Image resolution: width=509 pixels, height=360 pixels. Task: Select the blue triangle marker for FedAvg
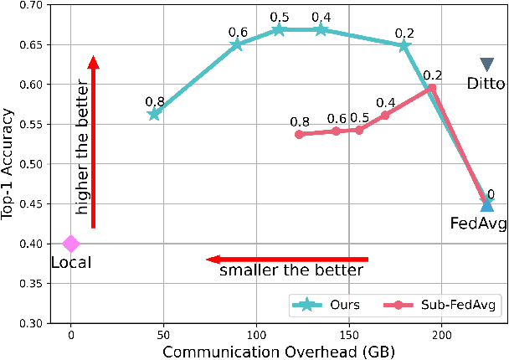coord(486,204)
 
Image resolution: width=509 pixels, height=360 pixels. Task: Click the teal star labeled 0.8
coord(154,114)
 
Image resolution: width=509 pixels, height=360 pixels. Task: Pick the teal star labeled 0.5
coord(280,29)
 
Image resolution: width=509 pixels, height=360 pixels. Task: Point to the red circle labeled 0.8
coord(299,134)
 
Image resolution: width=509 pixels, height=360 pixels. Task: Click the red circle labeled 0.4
coord(385,115)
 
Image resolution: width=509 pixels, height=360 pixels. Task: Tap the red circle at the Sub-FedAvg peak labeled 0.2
coord(432,87)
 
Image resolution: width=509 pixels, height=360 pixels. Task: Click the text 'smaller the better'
coord(291,270)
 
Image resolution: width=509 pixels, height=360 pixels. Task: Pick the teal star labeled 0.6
coord(237,44)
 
